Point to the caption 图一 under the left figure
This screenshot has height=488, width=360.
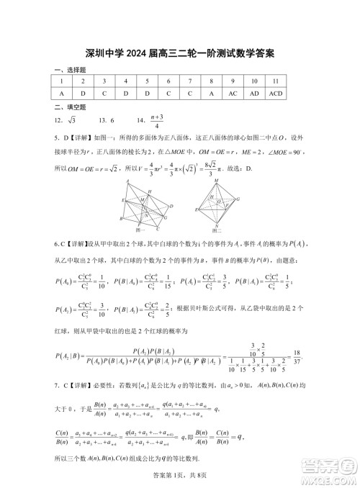[x=144, y=230]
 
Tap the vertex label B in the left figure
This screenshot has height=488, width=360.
[x=120, y=219]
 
